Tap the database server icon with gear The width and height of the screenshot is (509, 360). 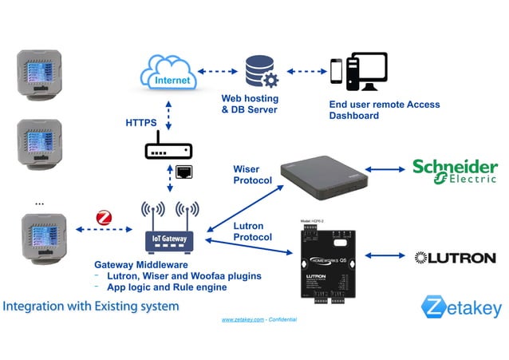[261, 72]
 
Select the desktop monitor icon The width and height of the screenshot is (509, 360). [367, 72]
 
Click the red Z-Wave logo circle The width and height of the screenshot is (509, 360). [104, 218]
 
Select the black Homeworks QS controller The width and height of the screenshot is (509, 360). [328, 256]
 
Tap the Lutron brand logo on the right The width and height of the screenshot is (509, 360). [456, 258]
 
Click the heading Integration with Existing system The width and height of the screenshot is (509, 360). [90, 306]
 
